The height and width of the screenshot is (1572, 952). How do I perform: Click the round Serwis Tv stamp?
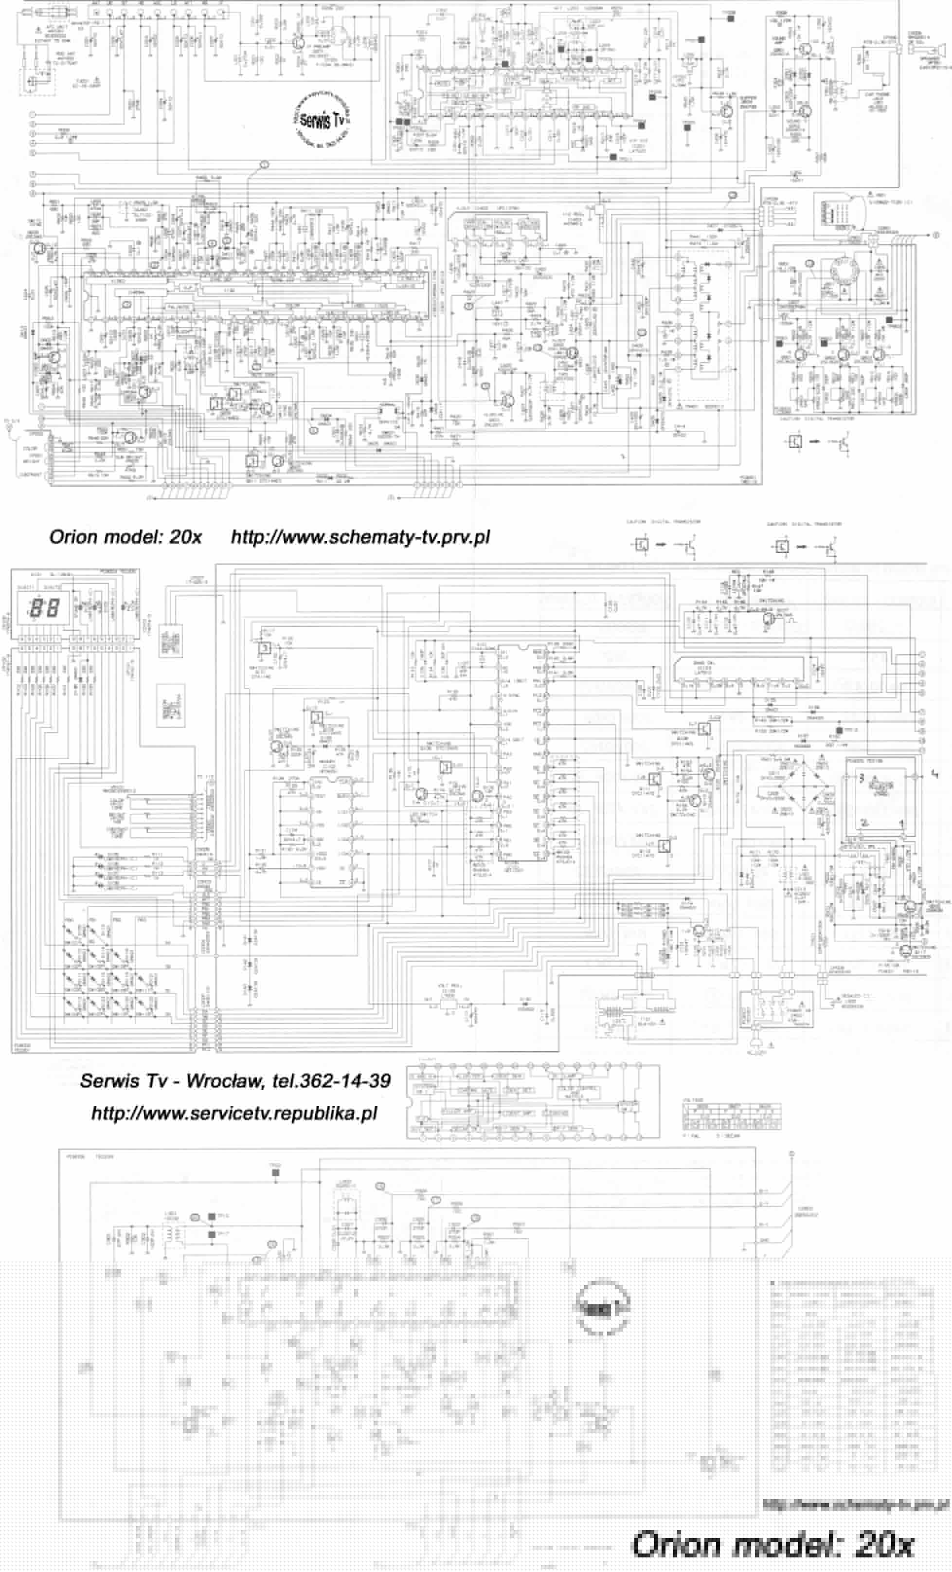(x=323, y=119)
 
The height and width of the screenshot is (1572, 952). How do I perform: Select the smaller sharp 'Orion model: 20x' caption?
(x=125, y=537)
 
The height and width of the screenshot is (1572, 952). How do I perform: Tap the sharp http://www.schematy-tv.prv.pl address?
(x=360, y=537)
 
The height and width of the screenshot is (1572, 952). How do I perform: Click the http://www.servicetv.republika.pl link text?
(x=234, y=1113)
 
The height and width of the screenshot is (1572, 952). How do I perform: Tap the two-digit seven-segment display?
(x=45, y=607)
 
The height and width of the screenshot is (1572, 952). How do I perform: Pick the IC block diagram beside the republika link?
(x=533, y=1102)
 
